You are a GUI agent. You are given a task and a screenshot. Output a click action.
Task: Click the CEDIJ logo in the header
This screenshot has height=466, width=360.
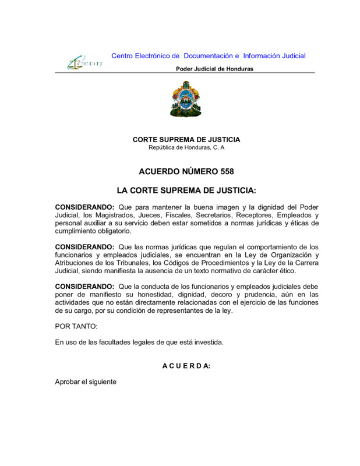click(84, 61)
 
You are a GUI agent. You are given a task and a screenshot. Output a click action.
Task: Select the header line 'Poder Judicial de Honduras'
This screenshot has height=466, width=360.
click(214, 69)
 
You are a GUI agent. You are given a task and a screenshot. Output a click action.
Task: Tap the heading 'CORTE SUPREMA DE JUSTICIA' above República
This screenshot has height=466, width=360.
click(186, 140)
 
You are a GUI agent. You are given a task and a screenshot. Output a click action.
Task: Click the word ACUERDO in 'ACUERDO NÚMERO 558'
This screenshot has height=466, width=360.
click(159, 172)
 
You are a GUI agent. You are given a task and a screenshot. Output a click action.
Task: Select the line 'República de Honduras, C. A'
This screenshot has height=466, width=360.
click(186, 147)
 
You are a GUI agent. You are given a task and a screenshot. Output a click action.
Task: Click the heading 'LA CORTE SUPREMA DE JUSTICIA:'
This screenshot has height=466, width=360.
click(186, 190)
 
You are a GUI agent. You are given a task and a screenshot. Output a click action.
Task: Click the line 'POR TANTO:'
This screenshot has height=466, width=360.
click(72, 327)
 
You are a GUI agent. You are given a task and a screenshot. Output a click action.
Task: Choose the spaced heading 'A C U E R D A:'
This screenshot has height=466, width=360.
click(186, 366)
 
